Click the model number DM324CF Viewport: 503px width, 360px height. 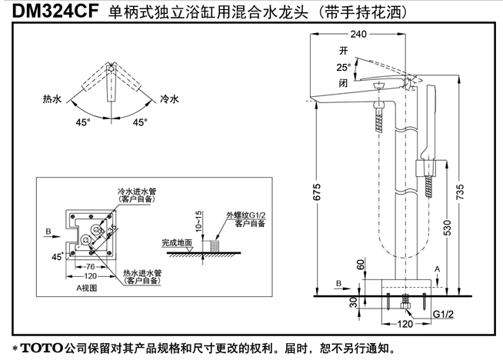(50, 13)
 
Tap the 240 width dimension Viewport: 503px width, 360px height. (379, 35)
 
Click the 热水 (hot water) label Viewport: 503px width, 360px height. (52, 99)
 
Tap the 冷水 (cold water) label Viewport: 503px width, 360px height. (169, 99)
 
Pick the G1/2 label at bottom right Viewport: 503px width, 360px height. (442, 315)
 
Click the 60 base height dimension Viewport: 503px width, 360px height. (361, 263)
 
